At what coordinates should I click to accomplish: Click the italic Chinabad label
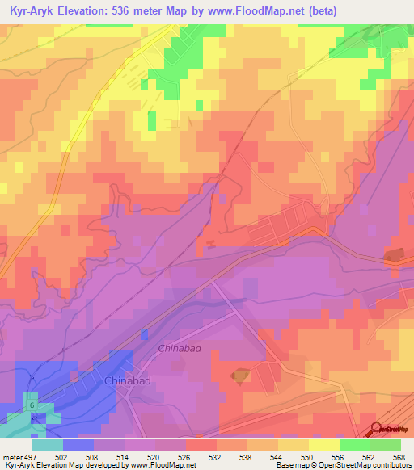179,349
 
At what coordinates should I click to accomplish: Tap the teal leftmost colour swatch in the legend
48,445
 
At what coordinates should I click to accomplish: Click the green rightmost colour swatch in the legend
386,445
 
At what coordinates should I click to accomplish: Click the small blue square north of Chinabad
145,334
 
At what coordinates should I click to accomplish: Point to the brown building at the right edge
394,255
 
